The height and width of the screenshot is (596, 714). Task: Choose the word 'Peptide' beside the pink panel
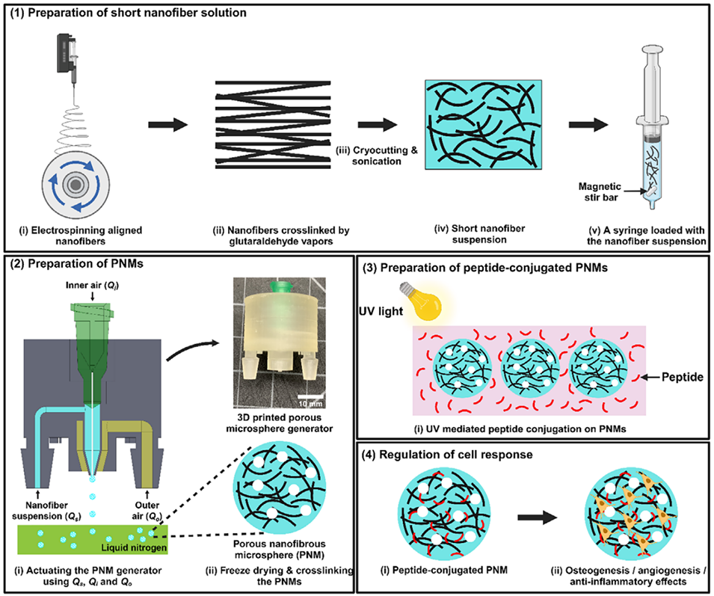coord(680,378)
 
